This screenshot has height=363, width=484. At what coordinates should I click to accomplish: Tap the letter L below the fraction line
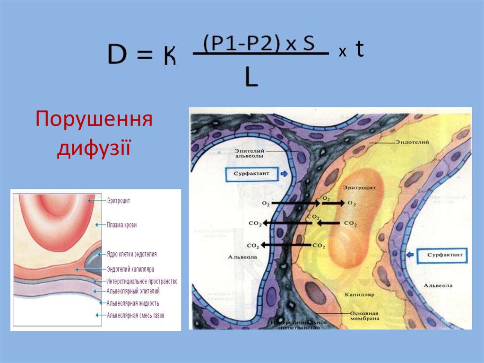point(251,77)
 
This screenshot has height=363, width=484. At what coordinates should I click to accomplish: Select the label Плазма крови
point(121,225)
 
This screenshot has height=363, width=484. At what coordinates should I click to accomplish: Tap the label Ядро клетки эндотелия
point(132,254)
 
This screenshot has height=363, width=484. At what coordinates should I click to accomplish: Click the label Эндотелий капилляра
point(131,269)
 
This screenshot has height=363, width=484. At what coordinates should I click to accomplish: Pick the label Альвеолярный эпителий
point(133,291)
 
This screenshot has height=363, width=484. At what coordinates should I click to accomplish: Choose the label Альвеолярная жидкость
point(133,303)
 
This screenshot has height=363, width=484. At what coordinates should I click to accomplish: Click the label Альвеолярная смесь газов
point(136,315)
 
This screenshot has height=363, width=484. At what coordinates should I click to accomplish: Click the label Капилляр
point(362,294)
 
